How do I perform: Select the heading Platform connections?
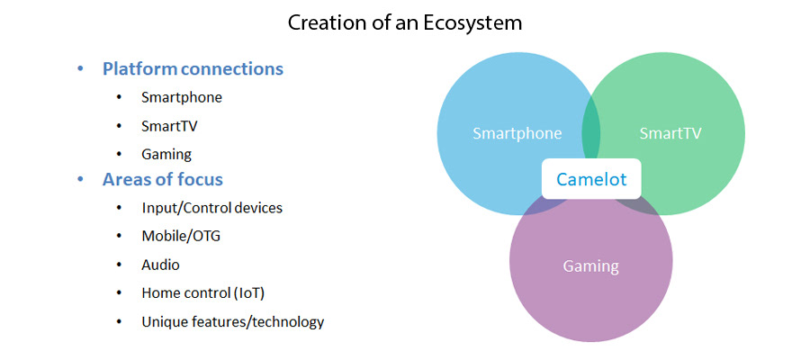[193, 68]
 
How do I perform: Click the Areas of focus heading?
[163, 179]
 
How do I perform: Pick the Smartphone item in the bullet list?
[182, 97]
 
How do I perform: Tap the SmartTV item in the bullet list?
[169, 125]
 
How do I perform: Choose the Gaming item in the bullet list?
[166, 154]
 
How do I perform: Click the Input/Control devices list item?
[212, 208]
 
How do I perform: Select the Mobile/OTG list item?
[181, 236]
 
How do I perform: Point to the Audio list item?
[161, 265]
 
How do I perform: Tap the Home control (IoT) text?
[203, 293]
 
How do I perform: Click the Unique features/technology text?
[233, 322]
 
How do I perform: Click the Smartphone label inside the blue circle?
[517, 134]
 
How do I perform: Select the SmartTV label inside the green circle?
[670, 133]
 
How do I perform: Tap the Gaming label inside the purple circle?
[591, 266]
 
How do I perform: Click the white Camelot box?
[591, 179]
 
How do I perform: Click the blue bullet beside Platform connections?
[80, 69]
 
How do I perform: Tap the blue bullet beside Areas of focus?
[80, 180]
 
